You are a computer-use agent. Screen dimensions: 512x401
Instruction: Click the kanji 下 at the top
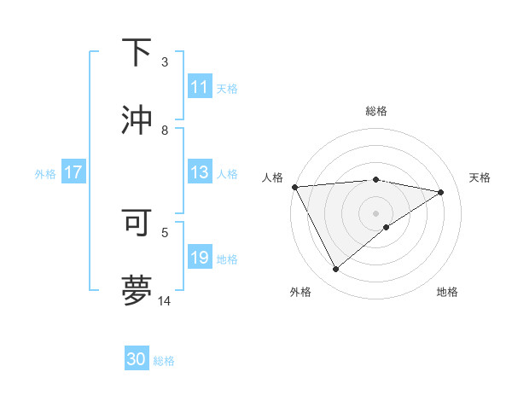pos(137,54)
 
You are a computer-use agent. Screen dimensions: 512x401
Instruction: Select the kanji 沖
pos(137,119)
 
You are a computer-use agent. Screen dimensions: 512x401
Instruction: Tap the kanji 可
pos(137,223)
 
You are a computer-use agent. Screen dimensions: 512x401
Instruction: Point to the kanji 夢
pos(137,290)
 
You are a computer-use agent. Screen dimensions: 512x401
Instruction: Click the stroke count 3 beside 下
pos(165,62)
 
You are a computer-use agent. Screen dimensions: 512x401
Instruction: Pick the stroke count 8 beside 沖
pos(165,131)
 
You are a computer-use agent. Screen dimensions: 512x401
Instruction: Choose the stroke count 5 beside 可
pos(165,231)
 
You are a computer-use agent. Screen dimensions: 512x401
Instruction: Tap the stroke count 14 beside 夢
pos(165,300)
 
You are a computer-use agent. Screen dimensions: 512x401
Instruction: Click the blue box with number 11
pos(200,87)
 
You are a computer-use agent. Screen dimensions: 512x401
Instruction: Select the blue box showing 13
pos(200,173)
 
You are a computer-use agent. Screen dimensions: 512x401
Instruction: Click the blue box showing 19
pos(200,259)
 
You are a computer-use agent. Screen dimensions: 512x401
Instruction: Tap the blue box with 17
pos(73,173)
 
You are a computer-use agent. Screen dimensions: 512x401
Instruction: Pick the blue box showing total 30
pos(137,359)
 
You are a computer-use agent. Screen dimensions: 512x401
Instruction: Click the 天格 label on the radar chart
pos(480,177)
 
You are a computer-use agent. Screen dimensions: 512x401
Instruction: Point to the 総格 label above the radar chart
pos(375,111)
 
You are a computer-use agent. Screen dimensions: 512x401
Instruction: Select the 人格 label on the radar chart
pos(272,177)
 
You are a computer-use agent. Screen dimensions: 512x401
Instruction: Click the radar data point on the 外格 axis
pos(335,270)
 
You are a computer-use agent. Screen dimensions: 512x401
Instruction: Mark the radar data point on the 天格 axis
pos(441,192)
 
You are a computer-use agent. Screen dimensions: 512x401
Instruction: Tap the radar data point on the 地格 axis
pos(387,227)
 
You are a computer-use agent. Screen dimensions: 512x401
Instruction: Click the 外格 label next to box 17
pos(45,174)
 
